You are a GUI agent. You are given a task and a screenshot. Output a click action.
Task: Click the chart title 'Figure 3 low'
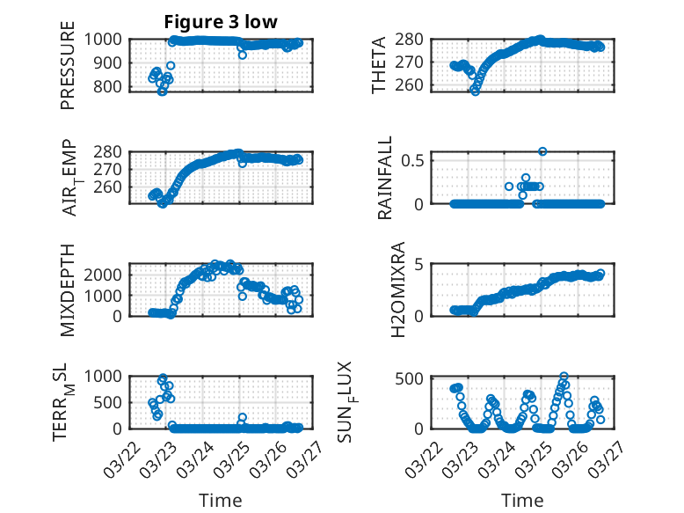click(221, 22)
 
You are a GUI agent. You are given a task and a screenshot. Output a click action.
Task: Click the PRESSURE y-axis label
click(68, 70)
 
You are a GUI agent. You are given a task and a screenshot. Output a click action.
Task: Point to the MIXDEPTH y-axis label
click(68, 289)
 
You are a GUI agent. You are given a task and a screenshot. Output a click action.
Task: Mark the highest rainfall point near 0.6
click(543, 151)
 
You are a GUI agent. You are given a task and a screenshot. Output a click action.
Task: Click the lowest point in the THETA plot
click(476, 91)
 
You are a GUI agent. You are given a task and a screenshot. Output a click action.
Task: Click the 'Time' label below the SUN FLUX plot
click(522, 501)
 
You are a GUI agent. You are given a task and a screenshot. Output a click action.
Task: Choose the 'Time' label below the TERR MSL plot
click(221, 501)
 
